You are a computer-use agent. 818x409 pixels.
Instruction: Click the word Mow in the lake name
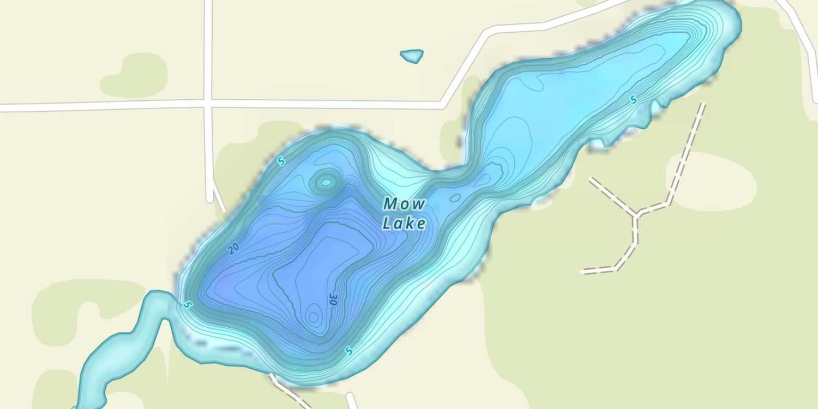(x=404, y=204)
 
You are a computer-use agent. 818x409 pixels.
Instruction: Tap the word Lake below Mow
(x=404, y=223)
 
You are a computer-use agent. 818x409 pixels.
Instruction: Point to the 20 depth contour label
(x=233, y=249)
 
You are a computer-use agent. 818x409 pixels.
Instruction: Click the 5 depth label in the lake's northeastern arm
(x=633, y=100)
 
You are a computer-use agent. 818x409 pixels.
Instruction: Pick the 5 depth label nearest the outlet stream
(x=188, y=304)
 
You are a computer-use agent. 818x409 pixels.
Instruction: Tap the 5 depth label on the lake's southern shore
(x=348, y=352)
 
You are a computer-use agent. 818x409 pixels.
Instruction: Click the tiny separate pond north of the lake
(x=412, y=56)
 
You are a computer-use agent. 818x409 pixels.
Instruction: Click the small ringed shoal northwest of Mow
(x=326, y=182)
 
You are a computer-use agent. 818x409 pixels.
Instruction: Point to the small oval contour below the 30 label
(x=313, y=316)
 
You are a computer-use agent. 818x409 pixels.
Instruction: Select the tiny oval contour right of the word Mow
(x=455, y=197)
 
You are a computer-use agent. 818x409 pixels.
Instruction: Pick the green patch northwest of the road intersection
(x=134, y=75)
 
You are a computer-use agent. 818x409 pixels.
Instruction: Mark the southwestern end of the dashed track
(x=582, y=271)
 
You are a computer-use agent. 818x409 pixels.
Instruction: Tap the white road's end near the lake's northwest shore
(x=210, y=200)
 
